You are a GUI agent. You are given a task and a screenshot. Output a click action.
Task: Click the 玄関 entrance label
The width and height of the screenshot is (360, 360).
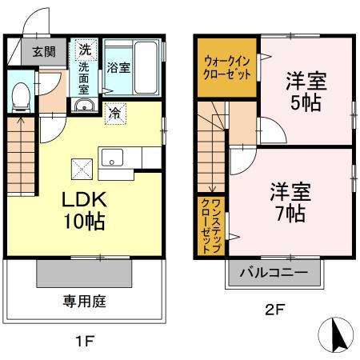(44, 54)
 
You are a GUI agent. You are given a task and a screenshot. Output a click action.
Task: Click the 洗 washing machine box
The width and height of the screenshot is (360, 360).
(85, 50)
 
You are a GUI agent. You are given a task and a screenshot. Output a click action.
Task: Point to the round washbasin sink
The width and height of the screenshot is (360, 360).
(83, 106)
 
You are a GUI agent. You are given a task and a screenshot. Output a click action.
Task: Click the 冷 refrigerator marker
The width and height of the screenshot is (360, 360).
(115, 113)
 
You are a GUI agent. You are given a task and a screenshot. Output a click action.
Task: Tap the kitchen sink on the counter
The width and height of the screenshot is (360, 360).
(110, 154)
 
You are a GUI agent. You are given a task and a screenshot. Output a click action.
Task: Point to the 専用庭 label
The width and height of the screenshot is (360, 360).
(85, 302)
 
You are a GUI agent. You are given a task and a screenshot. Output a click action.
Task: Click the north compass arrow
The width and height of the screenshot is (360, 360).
(337, 333)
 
